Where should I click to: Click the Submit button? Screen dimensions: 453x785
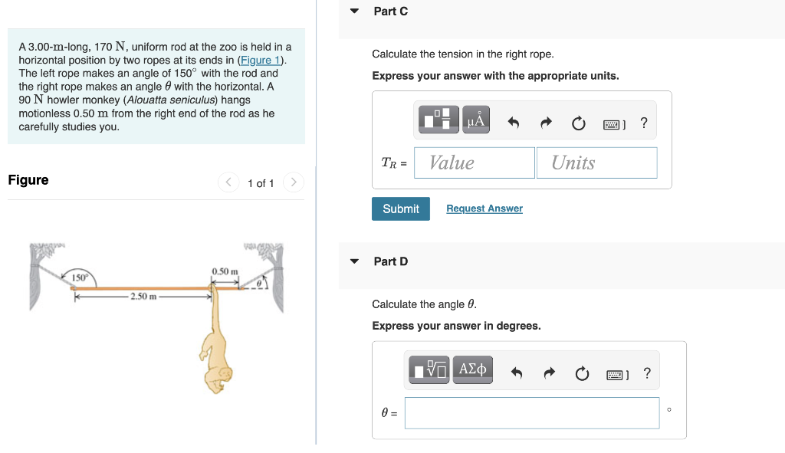point(400,208)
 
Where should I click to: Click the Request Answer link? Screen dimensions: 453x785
point(484,208)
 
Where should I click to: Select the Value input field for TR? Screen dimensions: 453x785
point(474,162)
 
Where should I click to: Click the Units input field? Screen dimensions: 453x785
point(596,162)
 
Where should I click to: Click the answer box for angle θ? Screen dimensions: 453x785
point(531,412)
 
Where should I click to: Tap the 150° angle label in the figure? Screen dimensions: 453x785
point(80,277)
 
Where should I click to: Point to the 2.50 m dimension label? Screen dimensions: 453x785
point(143,297)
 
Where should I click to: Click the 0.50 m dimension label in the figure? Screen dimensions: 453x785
point(225,272)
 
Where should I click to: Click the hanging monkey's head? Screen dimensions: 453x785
point(222,377)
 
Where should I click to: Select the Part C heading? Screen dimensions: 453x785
point(390,11)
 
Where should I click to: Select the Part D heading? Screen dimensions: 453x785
point(390,261)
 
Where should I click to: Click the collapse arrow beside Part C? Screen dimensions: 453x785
point(354,11)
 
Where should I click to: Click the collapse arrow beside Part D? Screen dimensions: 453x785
point(354,261)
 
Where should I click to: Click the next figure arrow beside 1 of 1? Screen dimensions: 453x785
point(293,182)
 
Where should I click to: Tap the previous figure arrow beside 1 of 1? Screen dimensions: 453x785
point(228,182)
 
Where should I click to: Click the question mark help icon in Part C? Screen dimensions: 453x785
point(643,123)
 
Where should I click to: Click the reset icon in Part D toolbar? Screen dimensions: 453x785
point(582,373)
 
